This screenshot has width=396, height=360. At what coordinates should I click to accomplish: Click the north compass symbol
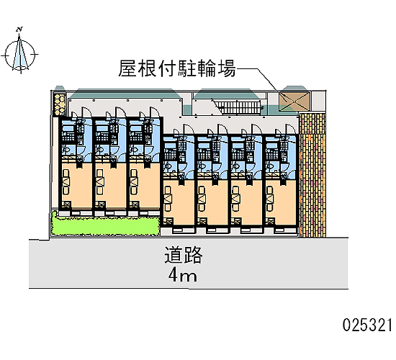[20, 54]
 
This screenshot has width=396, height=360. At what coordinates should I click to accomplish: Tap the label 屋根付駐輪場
[177, 68]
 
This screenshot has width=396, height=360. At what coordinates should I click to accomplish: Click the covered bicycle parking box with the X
[294, 102]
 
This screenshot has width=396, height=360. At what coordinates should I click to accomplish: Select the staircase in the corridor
[239, 107]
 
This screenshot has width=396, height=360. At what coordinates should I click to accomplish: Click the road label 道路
[184, 255]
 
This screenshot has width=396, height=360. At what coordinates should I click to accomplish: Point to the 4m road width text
[183, 275]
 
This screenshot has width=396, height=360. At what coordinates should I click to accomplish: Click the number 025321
[367, 325]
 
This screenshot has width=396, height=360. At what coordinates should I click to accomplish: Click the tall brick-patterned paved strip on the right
[312, 176]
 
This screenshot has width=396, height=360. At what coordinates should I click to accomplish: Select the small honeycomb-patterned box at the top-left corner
[60, 104]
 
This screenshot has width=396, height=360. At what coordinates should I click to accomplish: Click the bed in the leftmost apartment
[66, 182]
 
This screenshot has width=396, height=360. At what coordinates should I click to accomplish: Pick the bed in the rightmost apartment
[269, 199]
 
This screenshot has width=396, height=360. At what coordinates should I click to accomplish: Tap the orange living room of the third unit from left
[144, 186]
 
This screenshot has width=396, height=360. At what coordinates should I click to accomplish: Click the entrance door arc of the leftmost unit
[86, 112]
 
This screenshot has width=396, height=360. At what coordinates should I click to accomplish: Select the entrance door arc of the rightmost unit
[290, 130]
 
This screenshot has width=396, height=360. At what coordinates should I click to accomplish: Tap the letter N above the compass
[19, 30]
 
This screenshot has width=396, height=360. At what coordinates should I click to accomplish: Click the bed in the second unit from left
[100, 182]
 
